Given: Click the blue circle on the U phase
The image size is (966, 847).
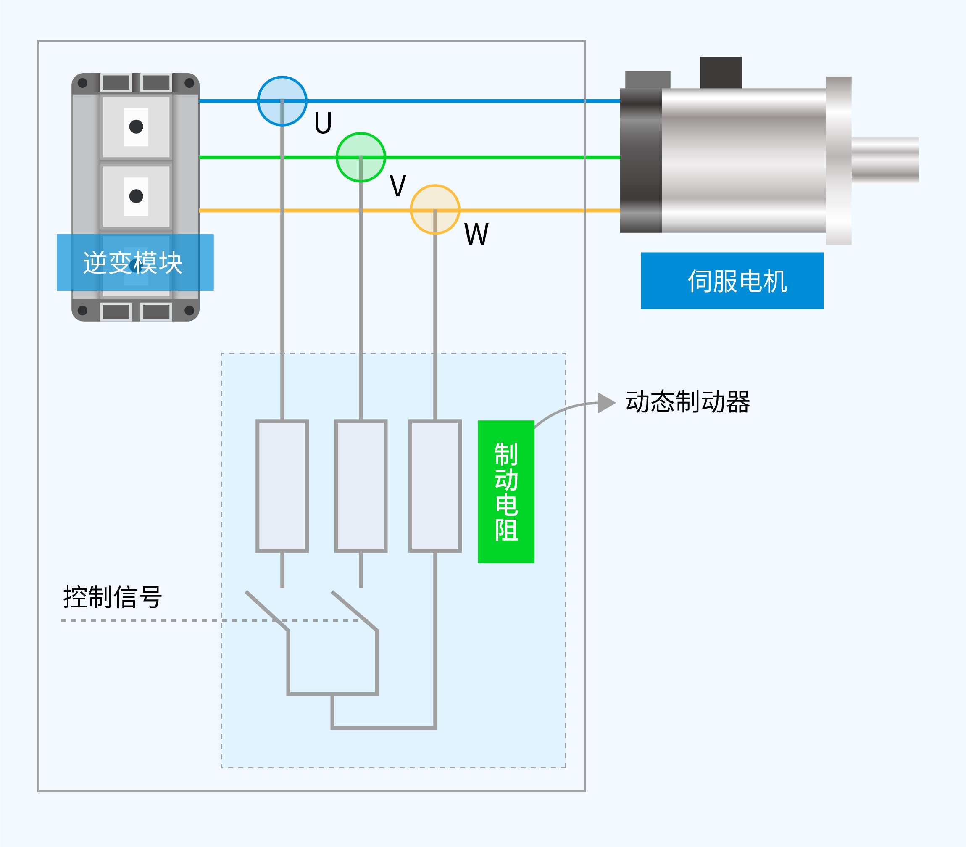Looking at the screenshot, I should [x=282, y=101].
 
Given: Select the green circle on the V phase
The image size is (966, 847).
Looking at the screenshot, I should [x=361, y=157].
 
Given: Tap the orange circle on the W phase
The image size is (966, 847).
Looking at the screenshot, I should [x=434, y=209].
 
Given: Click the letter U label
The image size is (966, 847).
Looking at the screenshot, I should [x=323, y=123].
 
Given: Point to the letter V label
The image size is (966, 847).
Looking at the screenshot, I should [x=398, y=185].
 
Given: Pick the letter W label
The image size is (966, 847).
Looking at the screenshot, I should [x=476, y=234].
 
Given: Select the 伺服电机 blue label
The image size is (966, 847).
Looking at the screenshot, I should [x=732, y=281].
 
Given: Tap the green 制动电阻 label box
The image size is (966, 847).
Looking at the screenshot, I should [x=506, y=491].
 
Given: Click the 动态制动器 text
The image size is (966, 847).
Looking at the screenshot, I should [x=687, y=402].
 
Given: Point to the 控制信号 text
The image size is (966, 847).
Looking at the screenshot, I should [x=113, y=596].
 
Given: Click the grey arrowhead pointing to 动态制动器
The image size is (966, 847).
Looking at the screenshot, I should [x=606, y=403].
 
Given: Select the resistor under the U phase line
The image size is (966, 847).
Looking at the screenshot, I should [x=282, y=486].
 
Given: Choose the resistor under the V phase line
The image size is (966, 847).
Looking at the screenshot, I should [x=361, y=486].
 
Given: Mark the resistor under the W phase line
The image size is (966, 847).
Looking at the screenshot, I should [x=434, y=486].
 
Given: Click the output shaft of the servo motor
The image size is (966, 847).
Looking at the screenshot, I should [x=884, y=160].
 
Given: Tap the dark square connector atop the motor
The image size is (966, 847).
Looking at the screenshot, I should [x=720, y=73].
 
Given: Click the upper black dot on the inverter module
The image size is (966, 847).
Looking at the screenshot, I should [x=136, y=127].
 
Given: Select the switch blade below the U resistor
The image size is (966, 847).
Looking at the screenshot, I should [x=267, y=611].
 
